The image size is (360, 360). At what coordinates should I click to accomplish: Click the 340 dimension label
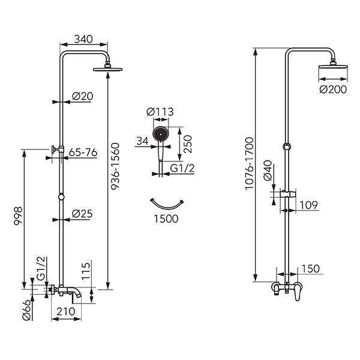[83, 39]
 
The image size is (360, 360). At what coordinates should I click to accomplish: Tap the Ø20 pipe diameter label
[82, 96]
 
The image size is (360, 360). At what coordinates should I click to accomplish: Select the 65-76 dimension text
[83, 152]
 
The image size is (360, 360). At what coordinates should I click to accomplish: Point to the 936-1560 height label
[115, 166]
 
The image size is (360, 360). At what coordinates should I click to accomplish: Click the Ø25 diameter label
[82, 214]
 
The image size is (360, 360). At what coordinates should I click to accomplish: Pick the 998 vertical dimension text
[18, 216]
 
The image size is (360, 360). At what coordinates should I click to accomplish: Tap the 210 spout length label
[66, 311]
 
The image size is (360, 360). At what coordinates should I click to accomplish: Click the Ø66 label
[26, 310]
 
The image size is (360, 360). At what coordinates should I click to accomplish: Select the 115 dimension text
[86, 271]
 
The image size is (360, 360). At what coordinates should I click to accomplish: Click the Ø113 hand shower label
[160, 112]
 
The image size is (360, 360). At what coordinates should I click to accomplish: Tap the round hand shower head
[161, 133]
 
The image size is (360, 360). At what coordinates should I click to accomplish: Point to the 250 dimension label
[187, 144]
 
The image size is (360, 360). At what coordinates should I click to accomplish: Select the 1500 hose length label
[166, 218]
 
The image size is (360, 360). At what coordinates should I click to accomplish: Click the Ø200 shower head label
[333, 89]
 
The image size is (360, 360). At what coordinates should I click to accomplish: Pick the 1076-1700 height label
[250, 164]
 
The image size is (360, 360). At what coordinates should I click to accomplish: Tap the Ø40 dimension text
[268, 171]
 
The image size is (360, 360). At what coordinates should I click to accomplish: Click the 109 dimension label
[308, 205]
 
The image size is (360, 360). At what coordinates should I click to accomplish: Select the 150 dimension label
[310, 269]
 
